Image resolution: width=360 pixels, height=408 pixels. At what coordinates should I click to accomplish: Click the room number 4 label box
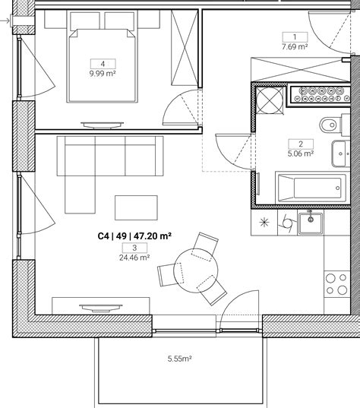pyautogui.click(x=103, y=64)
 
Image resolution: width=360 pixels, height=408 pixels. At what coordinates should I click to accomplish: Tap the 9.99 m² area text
pyautogui.click(x=103, y=74)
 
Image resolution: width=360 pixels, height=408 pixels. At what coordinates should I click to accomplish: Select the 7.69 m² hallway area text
pyautogui.click(x=295, y=47)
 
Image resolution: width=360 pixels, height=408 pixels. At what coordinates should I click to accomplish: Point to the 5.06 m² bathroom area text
pyautogui.click(x=301, y=153)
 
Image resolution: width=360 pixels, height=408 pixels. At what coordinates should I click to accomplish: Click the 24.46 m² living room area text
pyautogui.click(x=134, y=258)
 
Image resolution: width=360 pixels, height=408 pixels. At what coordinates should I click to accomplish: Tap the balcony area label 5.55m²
pyautogui.click(x=180, y=359)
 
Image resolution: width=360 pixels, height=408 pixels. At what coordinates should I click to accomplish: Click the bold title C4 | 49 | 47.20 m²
pyautogui.click(x=134, y=236)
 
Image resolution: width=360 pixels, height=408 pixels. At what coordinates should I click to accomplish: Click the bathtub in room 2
pyautogui.click(x=311, y=188)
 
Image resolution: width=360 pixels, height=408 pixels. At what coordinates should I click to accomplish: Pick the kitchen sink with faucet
pyautogui.click(x=311, y=223)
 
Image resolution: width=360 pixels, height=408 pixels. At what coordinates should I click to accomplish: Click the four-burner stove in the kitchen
pyautogui.click(x=337, y=283)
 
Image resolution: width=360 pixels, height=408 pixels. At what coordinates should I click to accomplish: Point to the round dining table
pyautogui.click(x=196, y=271)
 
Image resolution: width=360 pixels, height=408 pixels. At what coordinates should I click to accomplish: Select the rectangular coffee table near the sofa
pyautogui.click(x=136, y=207)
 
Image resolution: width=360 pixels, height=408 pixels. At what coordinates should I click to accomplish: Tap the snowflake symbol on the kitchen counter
pyautogui.click(x=264, y=223)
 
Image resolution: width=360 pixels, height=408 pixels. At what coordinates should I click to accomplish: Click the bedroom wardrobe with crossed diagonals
pyautogui.click(x=185, y=48)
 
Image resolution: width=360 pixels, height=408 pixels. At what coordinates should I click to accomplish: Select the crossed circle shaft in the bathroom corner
pyautogui.click(x=270, y=100)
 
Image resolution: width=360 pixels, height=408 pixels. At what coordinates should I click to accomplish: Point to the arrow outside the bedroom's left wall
pyautogui.click(x=5, y=21)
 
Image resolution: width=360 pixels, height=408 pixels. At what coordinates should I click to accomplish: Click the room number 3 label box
pyautogui.click(x=134, y=248)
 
